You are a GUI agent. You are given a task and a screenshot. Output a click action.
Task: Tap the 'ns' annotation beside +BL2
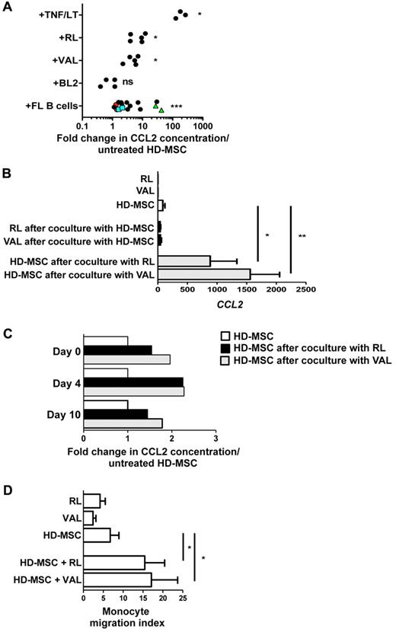tap(131, 82)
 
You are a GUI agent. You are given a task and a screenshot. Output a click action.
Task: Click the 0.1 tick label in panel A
tap(83, 124)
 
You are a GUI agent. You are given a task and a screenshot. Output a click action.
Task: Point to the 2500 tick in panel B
tap(306, 290)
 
